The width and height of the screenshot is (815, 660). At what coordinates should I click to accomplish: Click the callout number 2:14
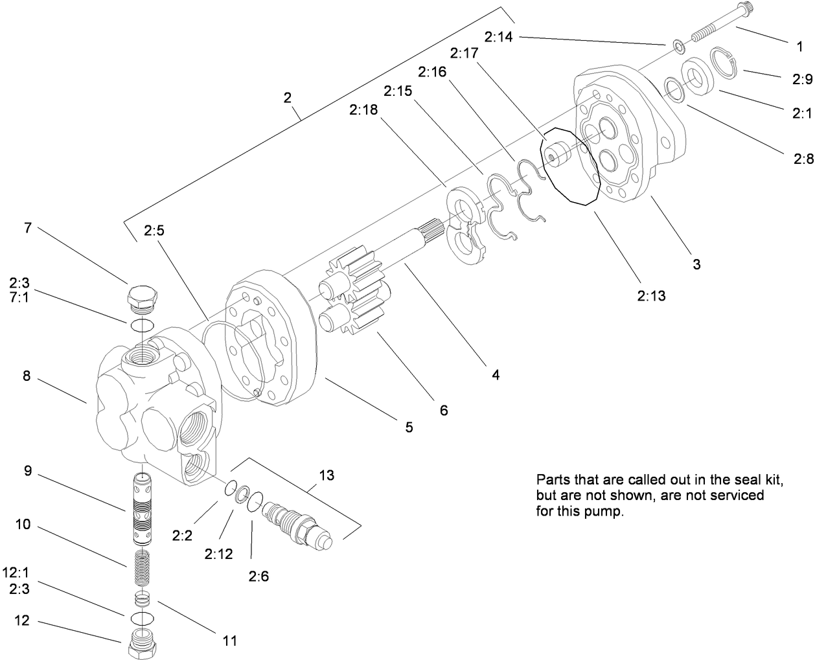tap(498, 37)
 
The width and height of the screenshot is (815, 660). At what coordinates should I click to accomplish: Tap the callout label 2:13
tap(650, 296)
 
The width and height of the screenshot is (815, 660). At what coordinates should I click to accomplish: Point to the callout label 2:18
tap(363, 111)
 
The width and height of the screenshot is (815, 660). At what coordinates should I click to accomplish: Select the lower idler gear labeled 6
tap(353, 317)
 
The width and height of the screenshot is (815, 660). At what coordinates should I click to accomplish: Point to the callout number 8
tap(27, 376)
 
